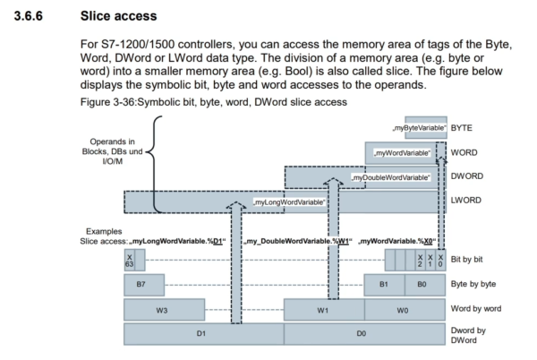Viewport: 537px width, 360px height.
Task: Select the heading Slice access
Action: [x=116, y=15]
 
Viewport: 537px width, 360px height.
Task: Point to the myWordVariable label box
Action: [x=402, y=153]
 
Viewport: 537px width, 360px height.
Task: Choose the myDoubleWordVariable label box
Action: [x=392, y=177]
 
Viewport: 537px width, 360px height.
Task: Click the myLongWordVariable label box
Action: [x=289, y=203]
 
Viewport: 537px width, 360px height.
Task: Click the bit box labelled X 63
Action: [x=131, y=260]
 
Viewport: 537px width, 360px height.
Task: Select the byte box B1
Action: [x=384, y=286]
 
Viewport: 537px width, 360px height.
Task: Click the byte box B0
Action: [x=424, y=286]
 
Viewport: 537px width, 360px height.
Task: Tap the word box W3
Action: [x=163, y=310]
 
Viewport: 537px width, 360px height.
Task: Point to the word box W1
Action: [x=323, y=310]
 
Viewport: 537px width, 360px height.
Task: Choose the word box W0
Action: [x=404, y=310]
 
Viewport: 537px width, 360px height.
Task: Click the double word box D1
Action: [x=203, y=334]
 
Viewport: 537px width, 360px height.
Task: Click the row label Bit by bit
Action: [x=471, y=259]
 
